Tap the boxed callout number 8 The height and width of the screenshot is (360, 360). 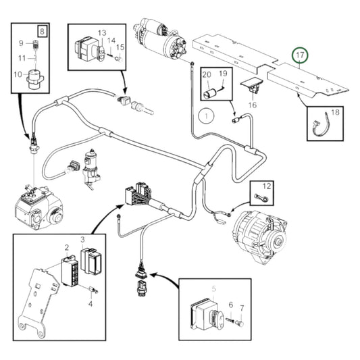point(43,32)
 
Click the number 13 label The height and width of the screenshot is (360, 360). point(102,33)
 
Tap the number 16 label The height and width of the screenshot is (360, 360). point(253,105)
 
